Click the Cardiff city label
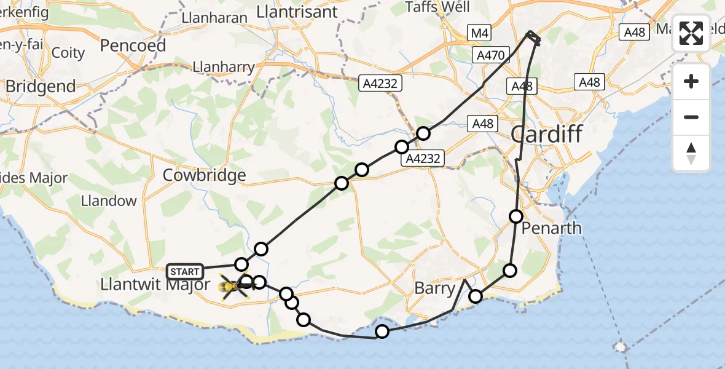pyautogui.click(x=547, y=133)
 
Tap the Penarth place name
pyautogui.click(x=551, y=228)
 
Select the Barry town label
pyautogui.click(x=434, y=288)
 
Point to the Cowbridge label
pyautogui.click(x=204, y=175)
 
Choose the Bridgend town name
pyautogui.click(x=41, y=87)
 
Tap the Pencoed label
pyautogui.click(x=133, y=46)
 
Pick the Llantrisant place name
pyautogui.click(x=297, y=12)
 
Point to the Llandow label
pyautogui.click(x=109, y=200)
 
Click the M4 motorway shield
pyautogui.click(x=478, y=33)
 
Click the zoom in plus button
pyautogui.click(x=691, y=81)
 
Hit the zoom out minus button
pyautogui.click(x=691, y=117)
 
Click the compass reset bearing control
pyautogui.click(x=691, y=153)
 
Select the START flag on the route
pyautogui.click(x=185, y=271)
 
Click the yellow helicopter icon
pyautogui.click(x=230, y=287)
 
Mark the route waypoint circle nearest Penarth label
pyautogui.click(x=516, y=216)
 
